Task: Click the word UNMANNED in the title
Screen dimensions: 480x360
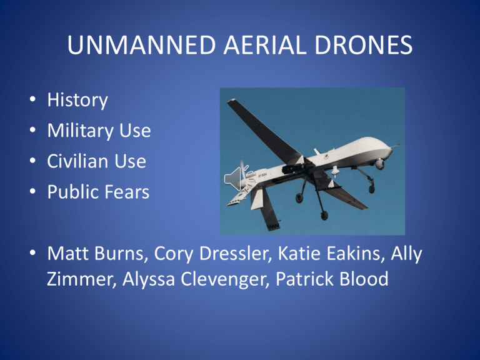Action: (x=141, y=45)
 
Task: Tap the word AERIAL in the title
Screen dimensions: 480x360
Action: (x=265, y=45)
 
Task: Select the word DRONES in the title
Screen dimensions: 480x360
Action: (x=364, y=45)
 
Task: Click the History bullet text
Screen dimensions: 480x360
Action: (x=77, y=101)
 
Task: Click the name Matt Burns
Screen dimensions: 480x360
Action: (x=95, y=253)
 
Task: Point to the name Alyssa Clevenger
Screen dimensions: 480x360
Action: (x=196, y=279)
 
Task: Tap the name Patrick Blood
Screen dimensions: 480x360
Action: (x=332, y=279)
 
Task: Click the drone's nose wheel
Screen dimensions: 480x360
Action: (x=372, y=189)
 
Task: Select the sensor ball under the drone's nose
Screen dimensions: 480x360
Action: (x=379, y=164)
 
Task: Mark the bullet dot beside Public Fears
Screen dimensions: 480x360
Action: (x=32, y=191)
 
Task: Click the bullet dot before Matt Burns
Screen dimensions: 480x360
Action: (x=32, y=252)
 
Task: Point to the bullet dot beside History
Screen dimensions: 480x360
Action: (x=32, y=99)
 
